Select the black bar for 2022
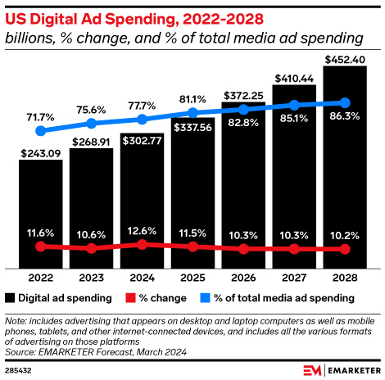point(40,213)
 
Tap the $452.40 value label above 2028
point(346,59)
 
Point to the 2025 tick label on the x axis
point(192,277)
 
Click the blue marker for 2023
point(91,124)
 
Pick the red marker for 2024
point(142,244)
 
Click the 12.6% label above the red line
point(142,230)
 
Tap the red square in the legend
point(130,298)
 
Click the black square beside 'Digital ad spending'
point(10,298)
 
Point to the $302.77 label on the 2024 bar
point(142,141)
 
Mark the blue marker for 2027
point(294,104)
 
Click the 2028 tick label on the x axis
point(345,277)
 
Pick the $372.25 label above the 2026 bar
point(243,97)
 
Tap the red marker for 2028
point(345,249)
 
